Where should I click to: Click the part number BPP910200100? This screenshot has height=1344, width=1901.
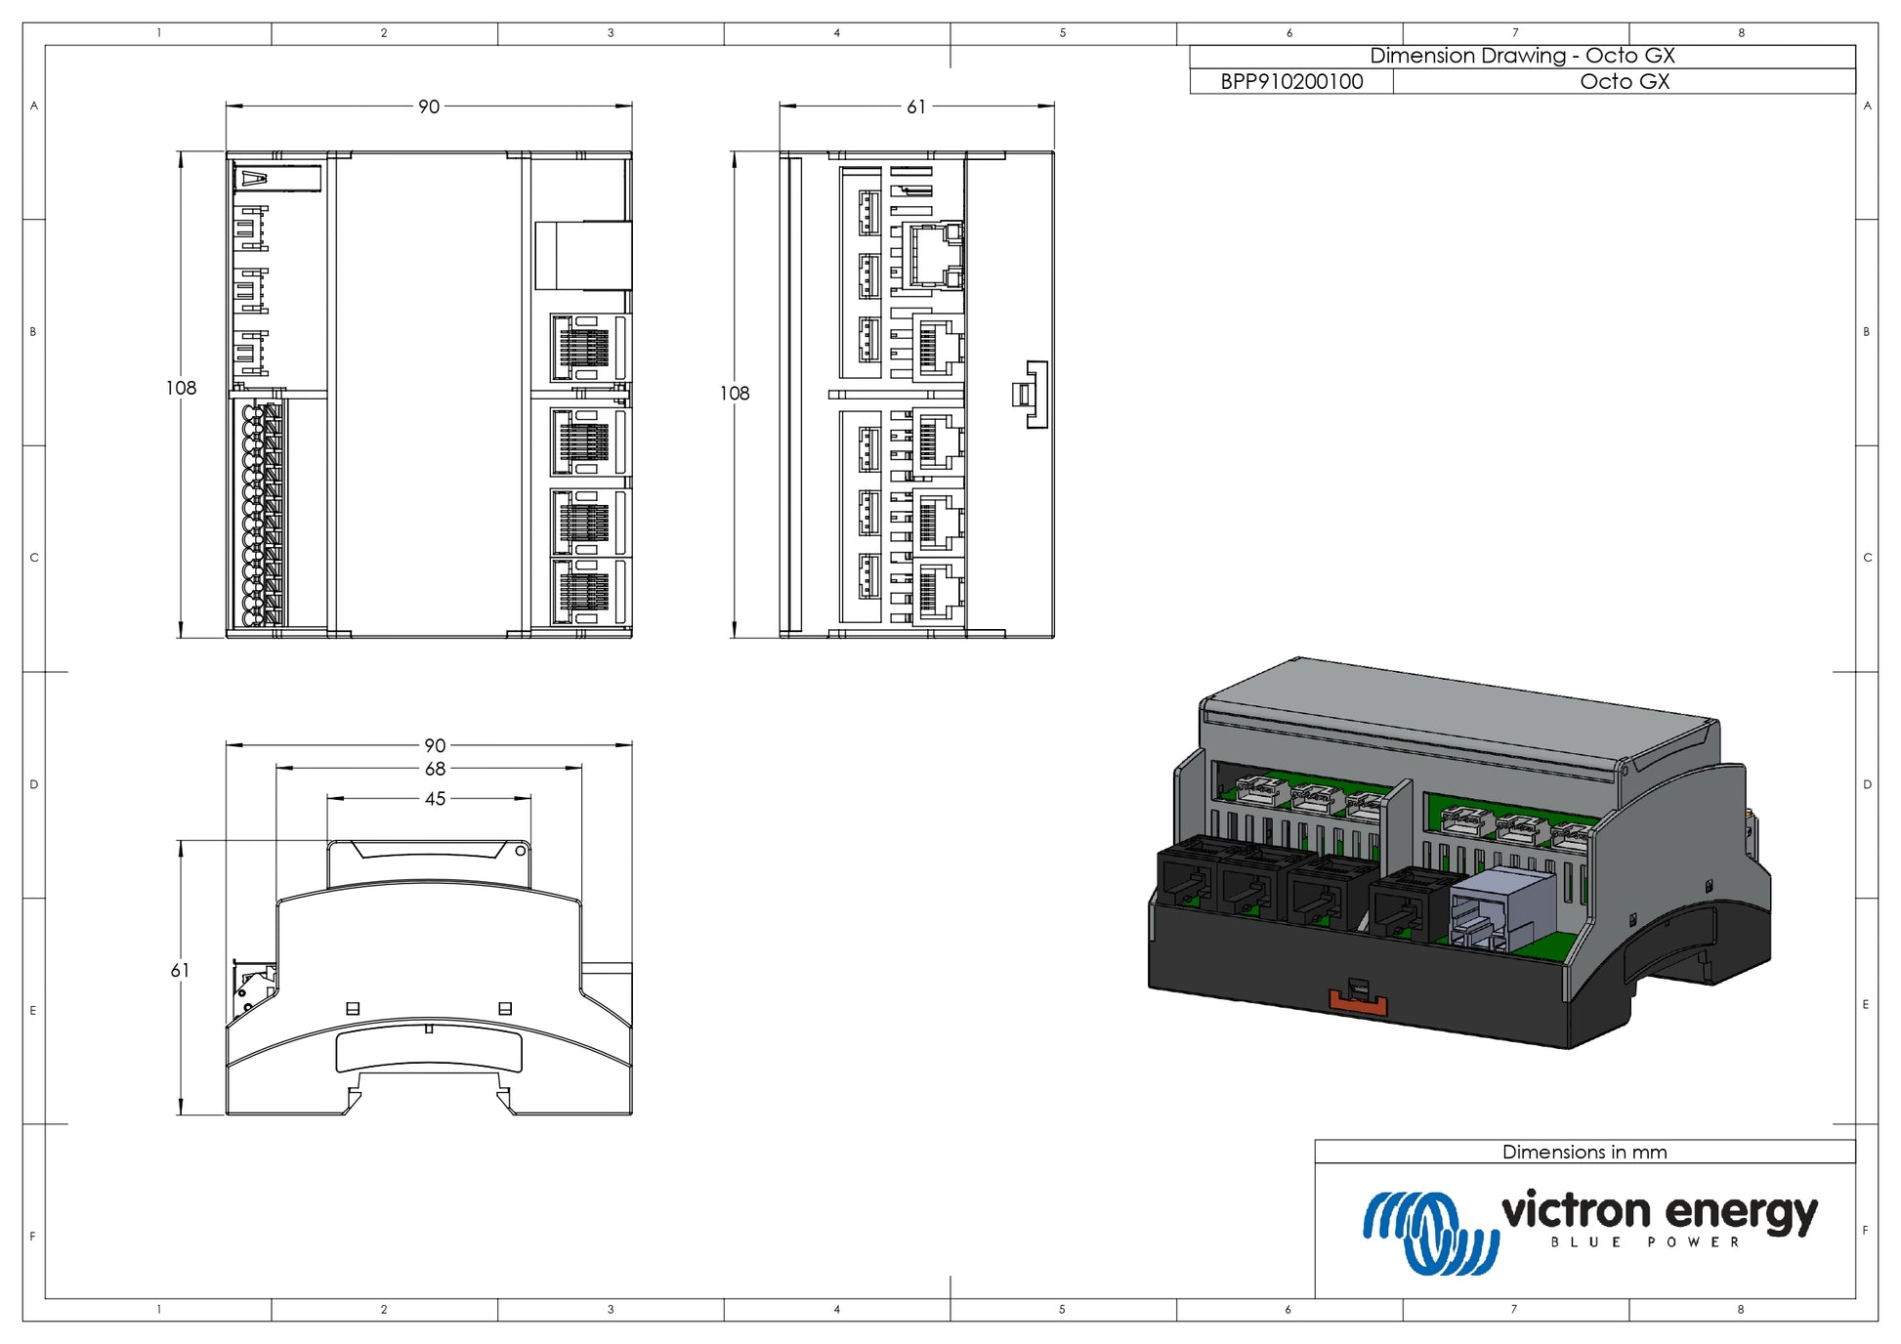coord(1291,82)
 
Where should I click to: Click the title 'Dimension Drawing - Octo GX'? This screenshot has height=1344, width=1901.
coord(1522,56)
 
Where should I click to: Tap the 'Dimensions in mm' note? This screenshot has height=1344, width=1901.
coord(1584,1152)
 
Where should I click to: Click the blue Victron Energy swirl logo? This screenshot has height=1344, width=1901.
coord(1431,1232)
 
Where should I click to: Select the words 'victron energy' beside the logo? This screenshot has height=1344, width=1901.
coord(1660,1211)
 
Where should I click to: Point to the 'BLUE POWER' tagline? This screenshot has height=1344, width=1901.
coord(1645,1242)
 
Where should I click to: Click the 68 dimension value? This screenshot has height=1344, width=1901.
coord(435,770)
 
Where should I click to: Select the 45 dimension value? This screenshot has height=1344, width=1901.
coord(435,799)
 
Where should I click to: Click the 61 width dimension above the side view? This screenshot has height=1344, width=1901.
coord(916,106)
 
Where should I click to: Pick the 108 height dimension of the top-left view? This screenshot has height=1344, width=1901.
coord(181,388)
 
